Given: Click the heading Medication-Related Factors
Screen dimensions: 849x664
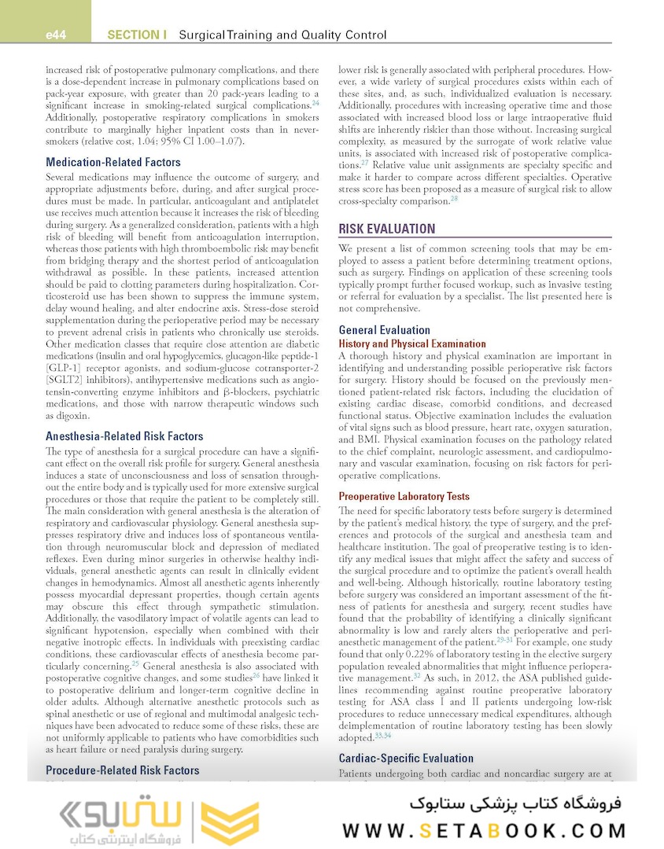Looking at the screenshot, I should (x=113, y=163).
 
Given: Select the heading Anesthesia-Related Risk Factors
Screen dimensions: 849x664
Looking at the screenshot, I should (x=124, y=436).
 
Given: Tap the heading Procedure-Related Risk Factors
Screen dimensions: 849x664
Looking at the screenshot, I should (x=123, y=770).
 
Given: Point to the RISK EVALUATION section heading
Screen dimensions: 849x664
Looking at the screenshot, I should (x=386, y=229).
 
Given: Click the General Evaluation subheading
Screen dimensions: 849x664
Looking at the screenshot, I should (x=384, y=330).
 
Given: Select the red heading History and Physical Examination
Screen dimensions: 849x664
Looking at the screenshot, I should (x=412, y=344).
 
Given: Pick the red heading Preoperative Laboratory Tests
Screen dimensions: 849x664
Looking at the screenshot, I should (x=404, y=496).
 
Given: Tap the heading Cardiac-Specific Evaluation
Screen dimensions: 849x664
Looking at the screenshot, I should (x=406, y=759).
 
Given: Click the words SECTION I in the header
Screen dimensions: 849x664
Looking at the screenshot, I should (x=137, y=35).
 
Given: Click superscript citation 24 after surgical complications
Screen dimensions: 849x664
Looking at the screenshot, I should (x=315, y=103).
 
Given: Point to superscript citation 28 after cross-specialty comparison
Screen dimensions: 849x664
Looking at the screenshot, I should (x=455, y=199).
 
